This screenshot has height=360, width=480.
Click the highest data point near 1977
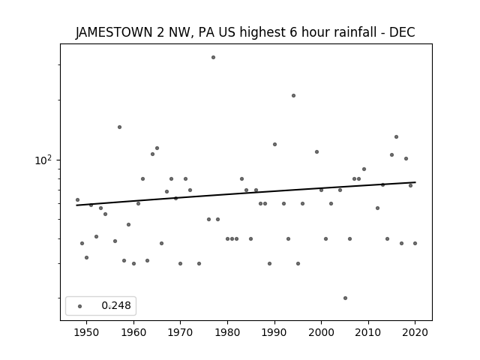[213, 57]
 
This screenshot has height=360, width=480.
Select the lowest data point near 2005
[345, 298]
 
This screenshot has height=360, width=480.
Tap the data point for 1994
[293, 95]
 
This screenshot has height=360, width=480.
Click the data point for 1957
[120, 127]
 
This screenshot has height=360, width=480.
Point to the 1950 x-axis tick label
[87, 332]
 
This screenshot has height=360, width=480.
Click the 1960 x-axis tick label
[133, 332]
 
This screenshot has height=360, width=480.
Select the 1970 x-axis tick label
[181, 332]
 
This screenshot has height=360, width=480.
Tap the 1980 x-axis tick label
[227, 332]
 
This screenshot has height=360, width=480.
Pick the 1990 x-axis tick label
[274, 332]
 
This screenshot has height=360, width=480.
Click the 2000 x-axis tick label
[322, 332]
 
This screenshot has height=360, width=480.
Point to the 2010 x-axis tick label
[368, 332]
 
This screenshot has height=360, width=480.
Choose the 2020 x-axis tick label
[415, 332]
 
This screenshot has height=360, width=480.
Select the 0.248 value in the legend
[116, 305]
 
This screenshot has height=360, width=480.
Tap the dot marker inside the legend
[80, 306]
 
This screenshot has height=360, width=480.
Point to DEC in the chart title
[402, 32]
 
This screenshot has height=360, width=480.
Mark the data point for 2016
[397, 136]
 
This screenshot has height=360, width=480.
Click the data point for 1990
[275, 144]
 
